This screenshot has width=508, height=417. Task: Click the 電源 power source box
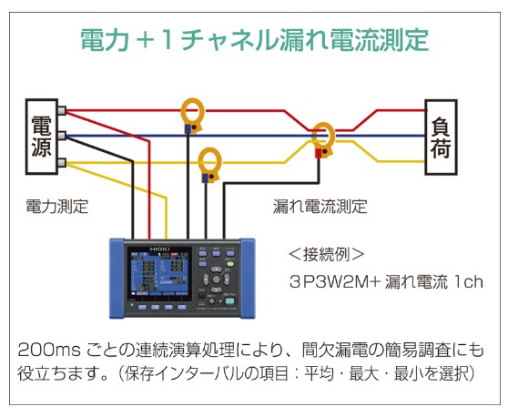click(x=42, y=137)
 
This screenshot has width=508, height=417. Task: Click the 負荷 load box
click(x=441, y=137)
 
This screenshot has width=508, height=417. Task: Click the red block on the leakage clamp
click(x=319, y=153)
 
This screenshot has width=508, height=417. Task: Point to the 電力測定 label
click(x=57, y=207)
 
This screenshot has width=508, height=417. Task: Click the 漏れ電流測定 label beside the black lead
click(x=320, y=206)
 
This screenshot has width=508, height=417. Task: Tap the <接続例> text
click(x=326, y=254)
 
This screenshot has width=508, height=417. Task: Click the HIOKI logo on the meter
click(x=159, y=249)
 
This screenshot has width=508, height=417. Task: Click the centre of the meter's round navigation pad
click(x=216, y=280)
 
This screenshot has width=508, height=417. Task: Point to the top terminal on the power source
click(x=62, y=110)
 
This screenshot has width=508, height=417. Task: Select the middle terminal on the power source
click(x=62, y=136)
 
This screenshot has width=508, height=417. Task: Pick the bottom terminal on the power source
click(x=62, y=163)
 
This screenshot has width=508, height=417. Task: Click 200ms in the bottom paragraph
click(x=48, y=350)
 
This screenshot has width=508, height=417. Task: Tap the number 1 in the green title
click(x=168, y=40)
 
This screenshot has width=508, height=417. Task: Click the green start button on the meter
click(x=229, y=301)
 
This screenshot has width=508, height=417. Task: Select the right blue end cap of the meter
click(x=248, y=278)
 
